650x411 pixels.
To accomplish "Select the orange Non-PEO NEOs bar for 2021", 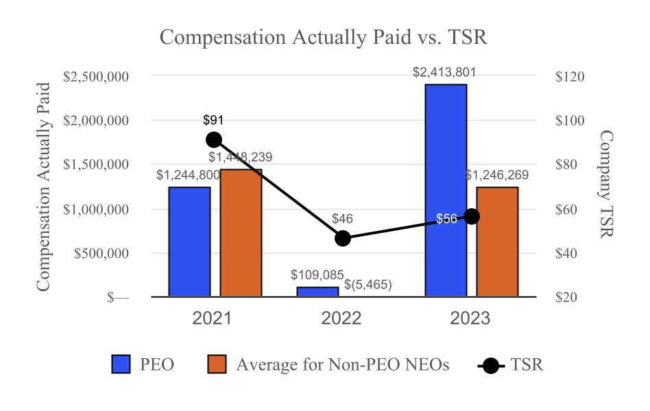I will click(x=241, y=233).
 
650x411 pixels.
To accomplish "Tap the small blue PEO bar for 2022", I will click(x=317, y=292).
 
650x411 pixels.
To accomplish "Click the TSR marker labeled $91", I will click(x=214, y=140).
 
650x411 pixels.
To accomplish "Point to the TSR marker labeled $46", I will click(x=343, y=238).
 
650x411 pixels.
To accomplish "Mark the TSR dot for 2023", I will click(x=472, y=216).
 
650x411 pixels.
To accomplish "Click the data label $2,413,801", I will click(x=444, y=73).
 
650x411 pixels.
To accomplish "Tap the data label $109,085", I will click(x=317, y=275).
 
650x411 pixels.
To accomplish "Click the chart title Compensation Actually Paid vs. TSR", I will click(x=323, y=38).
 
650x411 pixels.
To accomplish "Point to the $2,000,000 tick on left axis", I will click(x=96, y=121).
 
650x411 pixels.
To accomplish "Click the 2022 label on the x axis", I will click(x=341, y=319).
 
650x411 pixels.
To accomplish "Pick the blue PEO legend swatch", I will click(x=121, y=364).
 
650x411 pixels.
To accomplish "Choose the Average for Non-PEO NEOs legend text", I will click(x=342, y=364).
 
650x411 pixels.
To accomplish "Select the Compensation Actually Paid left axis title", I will click(x=43, y=186).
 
